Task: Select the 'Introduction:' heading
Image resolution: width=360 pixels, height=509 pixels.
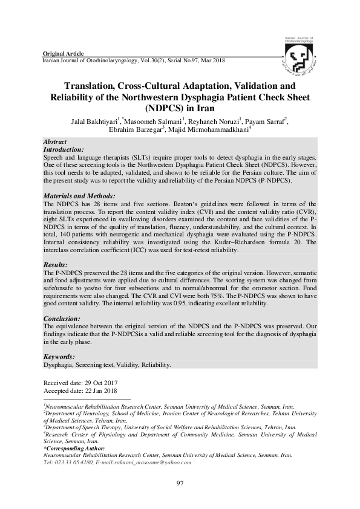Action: click(x=63, y=148)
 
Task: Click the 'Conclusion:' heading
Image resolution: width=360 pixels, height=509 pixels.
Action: click(x=61, y=318)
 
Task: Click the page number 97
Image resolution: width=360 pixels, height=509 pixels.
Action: click(x=180, y=482)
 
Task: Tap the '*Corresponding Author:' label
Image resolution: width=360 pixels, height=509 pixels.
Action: click(x=74, y=448)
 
